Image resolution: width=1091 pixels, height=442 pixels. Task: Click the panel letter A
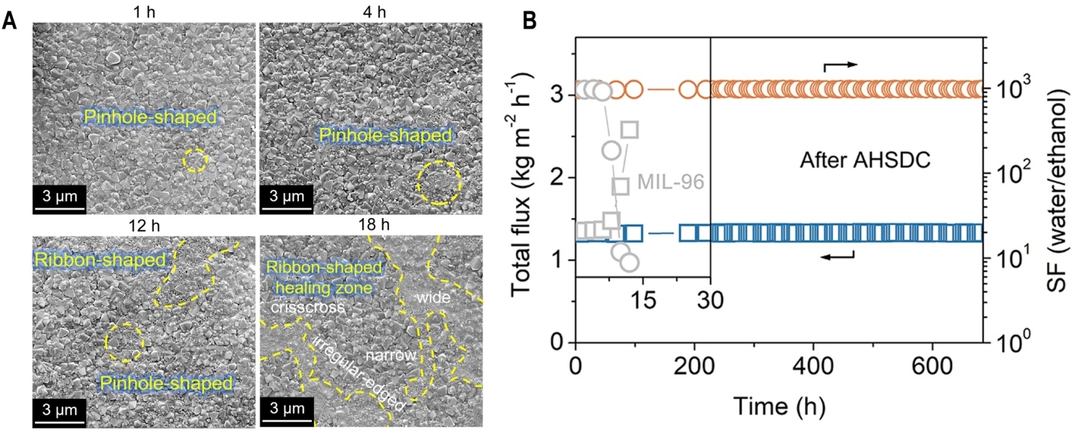click(x=9, y=21)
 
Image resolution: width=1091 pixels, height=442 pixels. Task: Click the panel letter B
click(x=529, y=21)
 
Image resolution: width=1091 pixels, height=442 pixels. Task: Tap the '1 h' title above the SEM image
click(x=144, y=12)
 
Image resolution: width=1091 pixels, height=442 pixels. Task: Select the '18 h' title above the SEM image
click(x=373, y=225)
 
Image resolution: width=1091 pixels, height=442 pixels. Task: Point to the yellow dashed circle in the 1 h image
click(x=195, y=160)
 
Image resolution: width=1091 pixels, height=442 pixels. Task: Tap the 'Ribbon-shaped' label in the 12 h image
click(x=100, y=259)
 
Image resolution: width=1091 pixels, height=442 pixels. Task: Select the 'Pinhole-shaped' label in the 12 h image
click(x=166, y=383)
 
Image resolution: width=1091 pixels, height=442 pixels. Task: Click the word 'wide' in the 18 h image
click(x=433, y=298)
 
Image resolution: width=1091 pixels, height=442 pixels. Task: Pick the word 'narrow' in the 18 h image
click(x=390, y=355)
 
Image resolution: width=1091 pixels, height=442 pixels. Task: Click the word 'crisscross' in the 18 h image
click(x=307, y=307)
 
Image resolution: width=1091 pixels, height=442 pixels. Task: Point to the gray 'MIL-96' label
click(x=670, y=181)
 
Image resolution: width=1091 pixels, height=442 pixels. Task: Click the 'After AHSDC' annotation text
click(x=864, y=160)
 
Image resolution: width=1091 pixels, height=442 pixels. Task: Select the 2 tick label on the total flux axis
click(x=557, y=177)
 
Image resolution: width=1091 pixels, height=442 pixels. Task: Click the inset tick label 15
click(x=643, y=299)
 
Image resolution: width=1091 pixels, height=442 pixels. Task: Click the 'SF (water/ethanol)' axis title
click(x=1058, y=190)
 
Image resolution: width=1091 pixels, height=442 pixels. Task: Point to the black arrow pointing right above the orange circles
click(x=840, y=66)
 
